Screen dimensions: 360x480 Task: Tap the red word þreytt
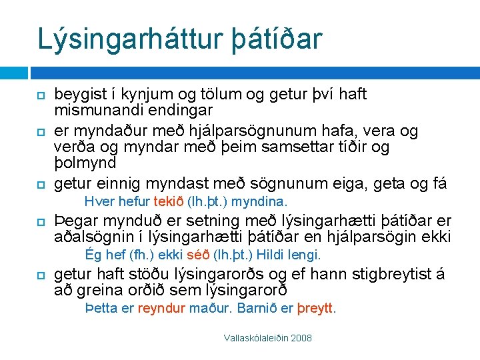(x=317, y=309)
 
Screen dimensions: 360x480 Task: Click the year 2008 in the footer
(x=300, y=339)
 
